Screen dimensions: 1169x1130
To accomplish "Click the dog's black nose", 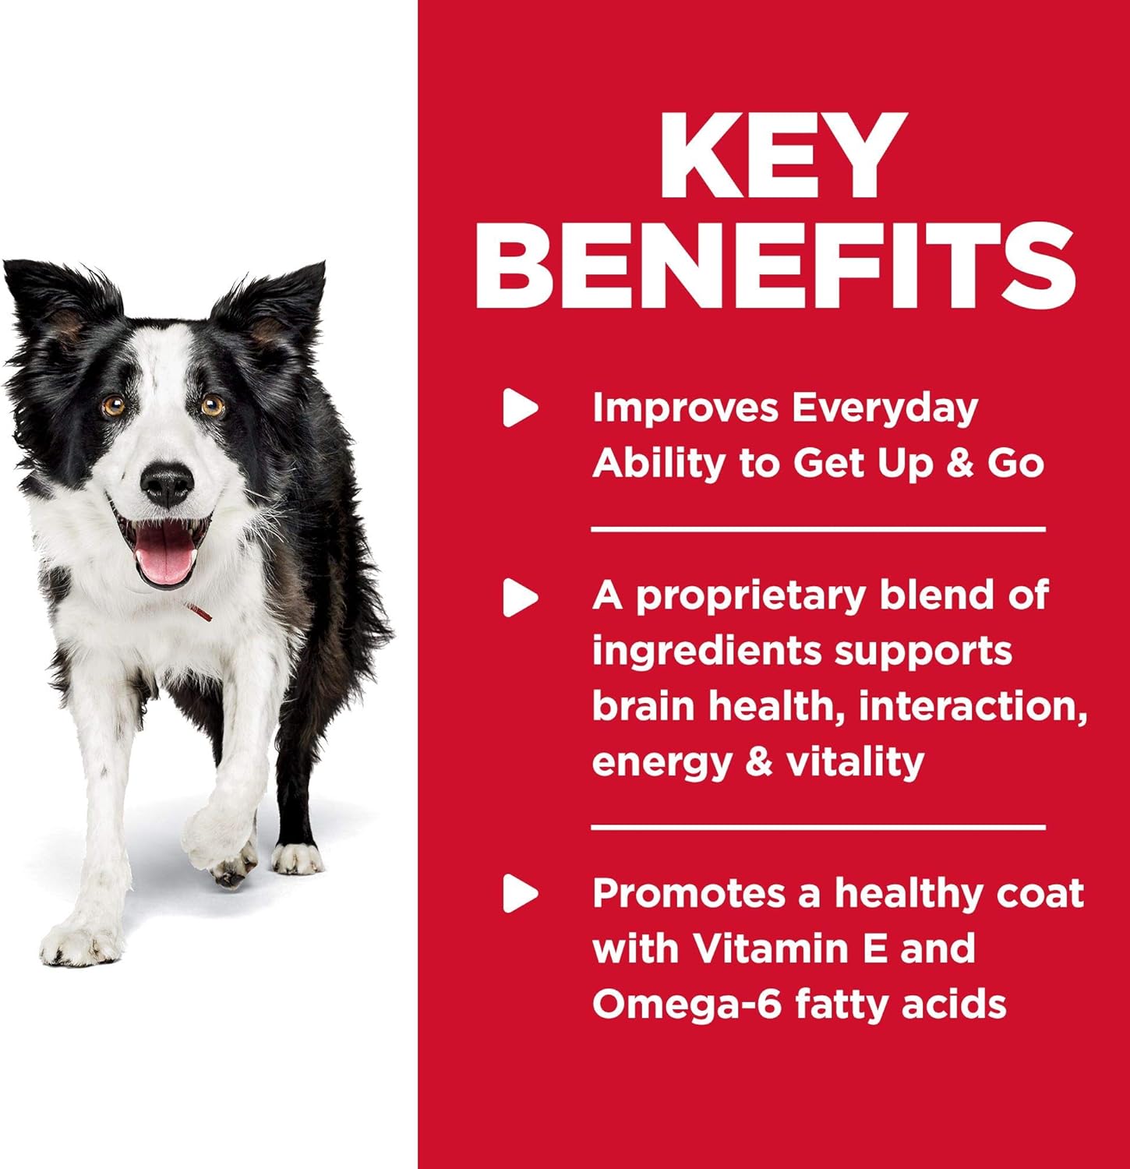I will (166, 484).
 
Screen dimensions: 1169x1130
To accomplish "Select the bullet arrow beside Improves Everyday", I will (521, 408).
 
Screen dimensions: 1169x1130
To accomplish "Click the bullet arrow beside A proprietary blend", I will (521, 598).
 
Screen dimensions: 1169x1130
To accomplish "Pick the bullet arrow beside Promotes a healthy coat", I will (521, 893).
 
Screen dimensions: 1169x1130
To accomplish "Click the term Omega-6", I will (687, 1004).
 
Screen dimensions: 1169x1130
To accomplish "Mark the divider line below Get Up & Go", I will (817, 529).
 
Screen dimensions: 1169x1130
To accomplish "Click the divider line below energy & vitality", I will (817, 826).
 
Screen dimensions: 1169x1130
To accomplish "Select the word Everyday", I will (884, 408).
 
